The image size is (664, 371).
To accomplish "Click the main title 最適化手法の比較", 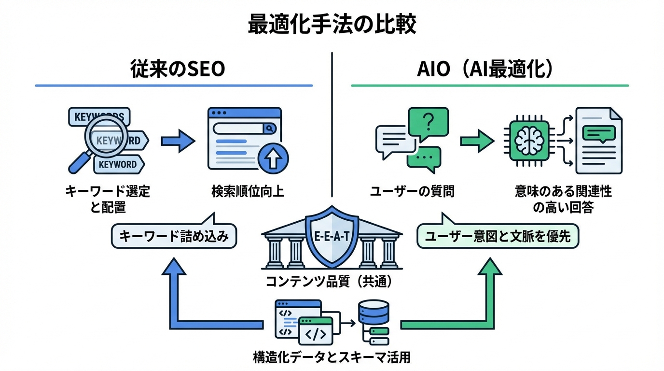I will (x=332, y=25).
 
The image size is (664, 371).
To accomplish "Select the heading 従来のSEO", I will (x=178, y=70).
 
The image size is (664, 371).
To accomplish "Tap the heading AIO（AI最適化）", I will (x=485, y=70).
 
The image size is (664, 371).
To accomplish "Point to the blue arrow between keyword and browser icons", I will (x=177, y=141).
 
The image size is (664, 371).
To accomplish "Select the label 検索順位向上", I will (x=248, y=192).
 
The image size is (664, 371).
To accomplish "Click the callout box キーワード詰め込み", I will (x=174, y=236).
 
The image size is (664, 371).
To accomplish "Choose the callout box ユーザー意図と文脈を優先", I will (x=497, y=236).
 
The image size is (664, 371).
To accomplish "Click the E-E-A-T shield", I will (x=332, y=238).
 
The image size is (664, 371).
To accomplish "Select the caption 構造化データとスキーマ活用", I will (x=332, y=358).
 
